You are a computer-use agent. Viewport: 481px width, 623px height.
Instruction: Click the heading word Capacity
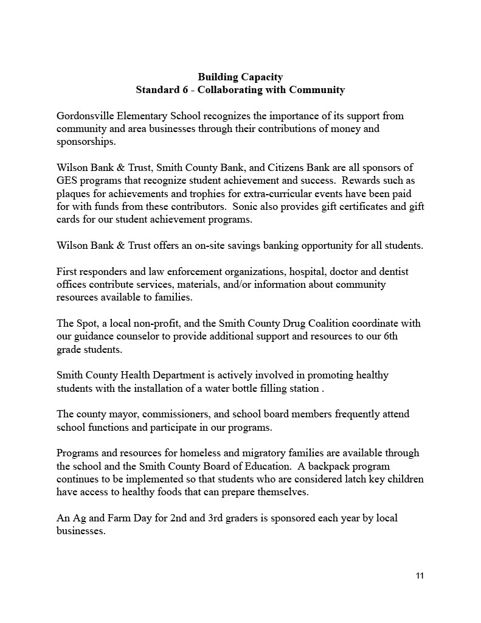[261, 77]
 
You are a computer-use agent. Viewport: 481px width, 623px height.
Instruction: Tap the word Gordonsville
[86, 116]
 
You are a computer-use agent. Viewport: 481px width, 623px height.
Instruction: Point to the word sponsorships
[85, 142]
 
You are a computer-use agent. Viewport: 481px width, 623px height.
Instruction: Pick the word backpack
[328, 466]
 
